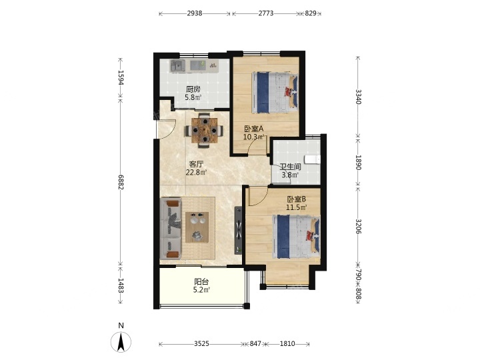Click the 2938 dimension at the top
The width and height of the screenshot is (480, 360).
[195, 13]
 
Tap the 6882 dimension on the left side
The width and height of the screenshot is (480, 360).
[121, 182]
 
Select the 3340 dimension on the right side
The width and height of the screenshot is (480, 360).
[359, 97]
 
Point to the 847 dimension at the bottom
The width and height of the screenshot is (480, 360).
[255, 344]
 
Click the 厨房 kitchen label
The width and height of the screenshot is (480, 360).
[193, 89]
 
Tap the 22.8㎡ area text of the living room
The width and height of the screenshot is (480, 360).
[196, 173]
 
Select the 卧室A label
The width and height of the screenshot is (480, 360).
[254, 129]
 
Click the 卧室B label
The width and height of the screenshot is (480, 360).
[296, 199]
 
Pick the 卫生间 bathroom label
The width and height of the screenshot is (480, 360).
[291, 167]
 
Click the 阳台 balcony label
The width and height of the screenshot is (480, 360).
[201, 281]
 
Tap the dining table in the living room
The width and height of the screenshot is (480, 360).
[204, 131]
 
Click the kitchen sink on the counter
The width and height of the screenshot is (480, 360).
[178, 65]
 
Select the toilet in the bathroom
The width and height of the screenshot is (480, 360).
[313, 160]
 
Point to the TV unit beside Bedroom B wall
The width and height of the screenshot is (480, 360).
[238, 231]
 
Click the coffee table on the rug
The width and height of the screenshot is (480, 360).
[197, 227]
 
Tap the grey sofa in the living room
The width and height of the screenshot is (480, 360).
[171, 229]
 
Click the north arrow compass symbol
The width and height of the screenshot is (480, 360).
[121, 341]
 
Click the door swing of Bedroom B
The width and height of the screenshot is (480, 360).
[258, 197]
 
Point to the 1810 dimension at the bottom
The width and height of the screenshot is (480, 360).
[287, 344]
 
